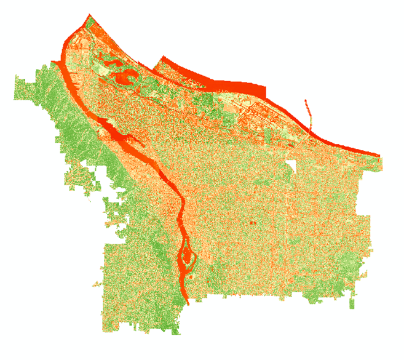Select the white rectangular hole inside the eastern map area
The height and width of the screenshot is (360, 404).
point(291,168)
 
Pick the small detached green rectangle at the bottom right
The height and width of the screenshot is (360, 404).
point(352,303)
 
